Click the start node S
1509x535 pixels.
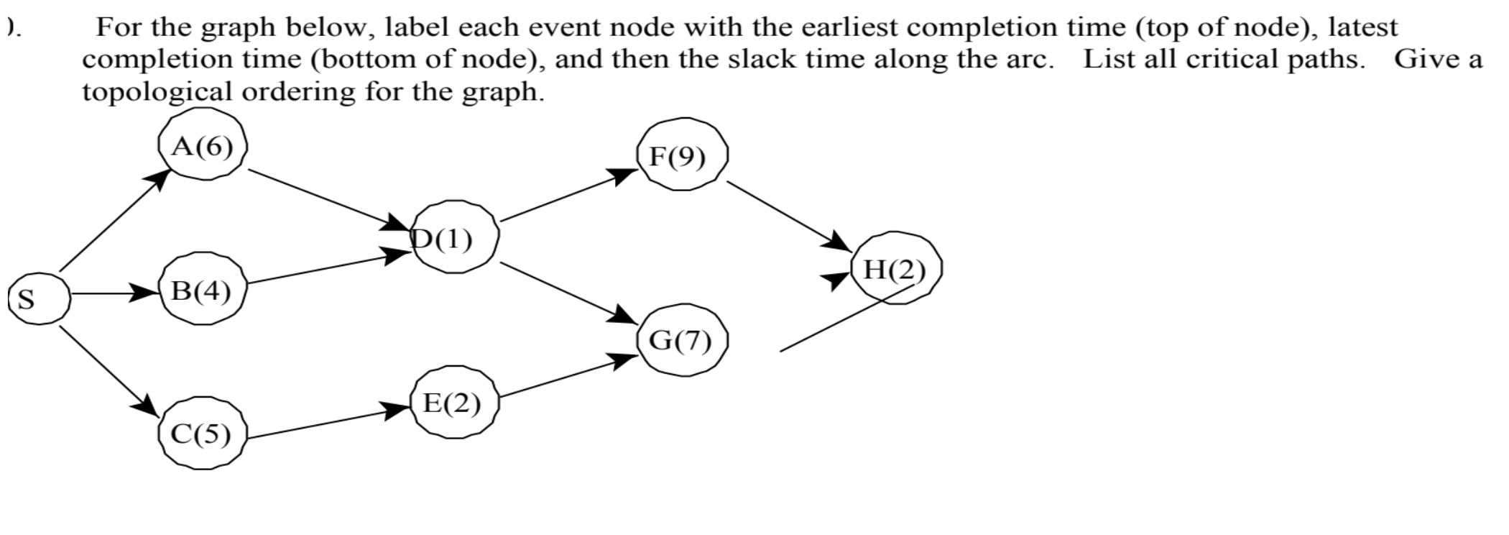(39, 298)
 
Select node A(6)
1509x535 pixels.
(203, 147)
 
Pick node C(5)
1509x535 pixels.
(202, 434)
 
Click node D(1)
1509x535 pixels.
(454, 238)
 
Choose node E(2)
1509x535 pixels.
(453, 403)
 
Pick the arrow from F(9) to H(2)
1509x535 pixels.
(787, 214)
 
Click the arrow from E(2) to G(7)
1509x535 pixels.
(568, 376)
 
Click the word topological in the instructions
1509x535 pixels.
(156, 92)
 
